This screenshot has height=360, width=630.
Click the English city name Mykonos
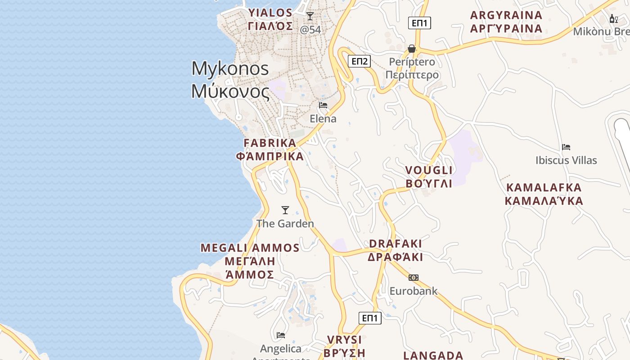point(230,69)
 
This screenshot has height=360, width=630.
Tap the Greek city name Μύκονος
point(230,91)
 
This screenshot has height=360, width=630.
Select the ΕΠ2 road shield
point(360,61)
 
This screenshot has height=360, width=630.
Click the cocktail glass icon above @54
point(310,16)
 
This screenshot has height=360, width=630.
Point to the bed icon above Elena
point(323,105)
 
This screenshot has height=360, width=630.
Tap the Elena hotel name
point(323,119)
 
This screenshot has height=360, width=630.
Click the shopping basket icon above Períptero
point(411,48)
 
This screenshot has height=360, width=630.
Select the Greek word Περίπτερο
point(412,75)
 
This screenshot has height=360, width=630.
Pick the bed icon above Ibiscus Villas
point(566,147)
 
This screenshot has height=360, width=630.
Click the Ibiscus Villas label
point(566,160)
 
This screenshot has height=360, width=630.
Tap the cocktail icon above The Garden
point(285,210)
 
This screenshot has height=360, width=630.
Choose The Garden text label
point(285,223)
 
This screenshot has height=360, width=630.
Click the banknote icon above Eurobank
point(413,277)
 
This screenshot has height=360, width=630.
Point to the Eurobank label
point(413,291)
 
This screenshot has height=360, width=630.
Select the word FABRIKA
point(270,143)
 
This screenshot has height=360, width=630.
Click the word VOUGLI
point(429,170)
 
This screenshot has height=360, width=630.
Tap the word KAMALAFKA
point(544,187)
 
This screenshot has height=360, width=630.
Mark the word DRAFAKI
point(396,243)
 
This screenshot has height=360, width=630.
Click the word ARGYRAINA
point(506,15)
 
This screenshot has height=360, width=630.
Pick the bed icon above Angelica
point(281,335)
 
